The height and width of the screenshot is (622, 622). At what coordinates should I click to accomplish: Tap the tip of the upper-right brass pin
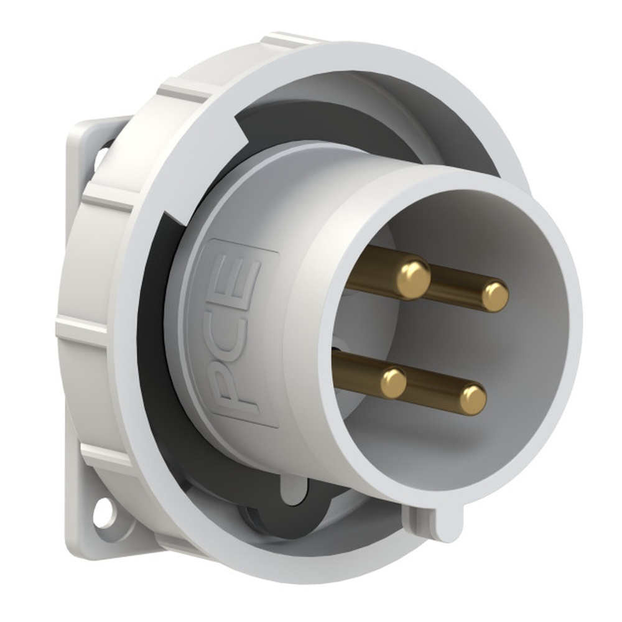pyautogui.click(x=494, y=297)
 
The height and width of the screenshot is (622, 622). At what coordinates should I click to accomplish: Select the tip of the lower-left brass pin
pyautogui.click(x=393, y=383)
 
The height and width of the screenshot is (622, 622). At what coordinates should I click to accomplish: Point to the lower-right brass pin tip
pyautogui.click(x=473, y=400)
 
